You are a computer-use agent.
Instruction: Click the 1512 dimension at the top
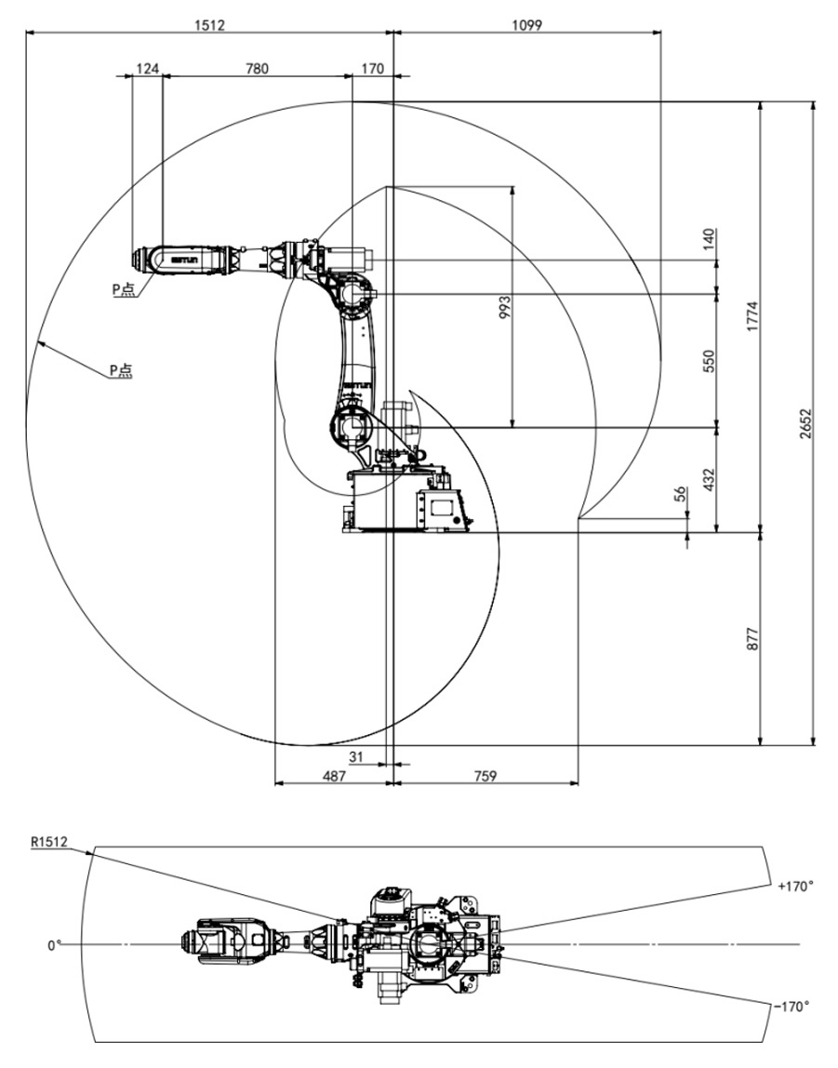tap(209, 24)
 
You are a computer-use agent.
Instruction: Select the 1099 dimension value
tap(527, 24)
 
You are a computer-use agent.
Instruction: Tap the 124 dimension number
tap(147, 68)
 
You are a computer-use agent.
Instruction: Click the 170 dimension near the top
tap(372, 68)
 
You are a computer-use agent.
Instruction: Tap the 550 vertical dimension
tap(707, 360)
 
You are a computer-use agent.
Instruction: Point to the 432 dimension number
tap(707, 480)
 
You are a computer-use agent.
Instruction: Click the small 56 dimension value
tap(680, 494)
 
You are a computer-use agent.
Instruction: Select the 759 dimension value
tap(484, 775)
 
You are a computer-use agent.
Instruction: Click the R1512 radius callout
tap(48, 843)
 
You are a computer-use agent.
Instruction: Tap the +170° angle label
tap(794, 887)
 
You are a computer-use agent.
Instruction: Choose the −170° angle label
tap(791, 1006)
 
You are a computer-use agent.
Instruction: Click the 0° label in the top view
tap(55, 945)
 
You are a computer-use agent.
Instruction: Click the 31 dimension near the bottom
tap(356, 755)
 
